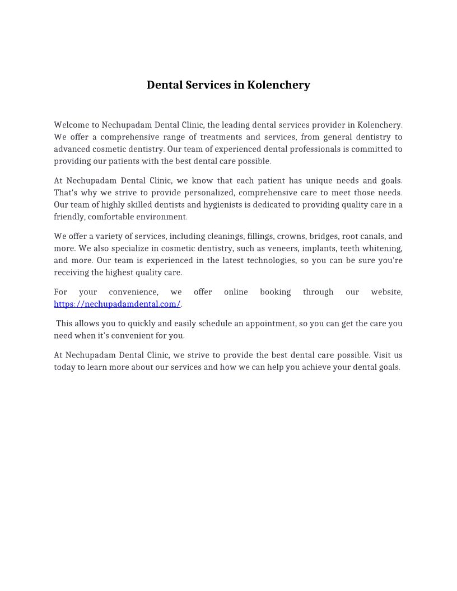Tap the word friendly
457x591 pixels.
tap(69, 217)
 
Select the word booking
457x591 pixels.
tap(275, 292)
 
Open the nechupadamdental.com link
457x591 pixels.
tap(117, 304)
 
